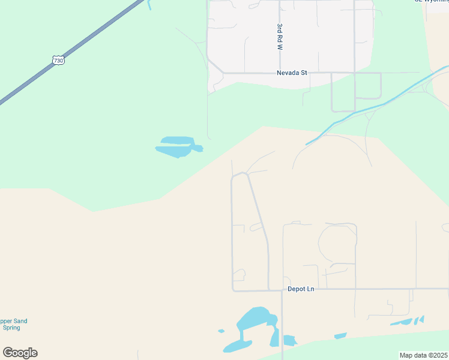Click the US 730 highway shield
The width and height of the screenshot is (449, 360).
[58, 61]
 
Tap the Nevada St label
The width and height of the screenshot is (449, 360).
[292, 73]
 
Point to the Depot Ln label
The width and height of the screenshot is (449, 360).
[301, 289]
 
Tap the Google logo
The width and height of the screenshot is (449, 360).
[20, 353]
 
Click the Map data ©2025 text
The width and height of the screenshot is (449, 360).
[423, 355]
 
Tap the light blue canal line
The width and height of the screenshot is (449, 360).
[372, 107]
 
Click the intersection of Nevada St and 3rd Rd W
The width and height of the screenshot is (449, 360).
[280, 73]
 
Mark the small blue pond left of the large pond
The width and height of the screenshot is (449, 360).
[221, 331]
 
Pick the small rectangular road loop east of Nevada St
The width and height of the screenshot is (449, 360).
[367, 85]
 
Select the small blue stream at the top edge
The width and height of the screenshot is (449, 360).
[148, 5]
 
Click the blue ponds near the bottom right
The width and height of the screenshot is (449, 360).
[408, 321]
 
